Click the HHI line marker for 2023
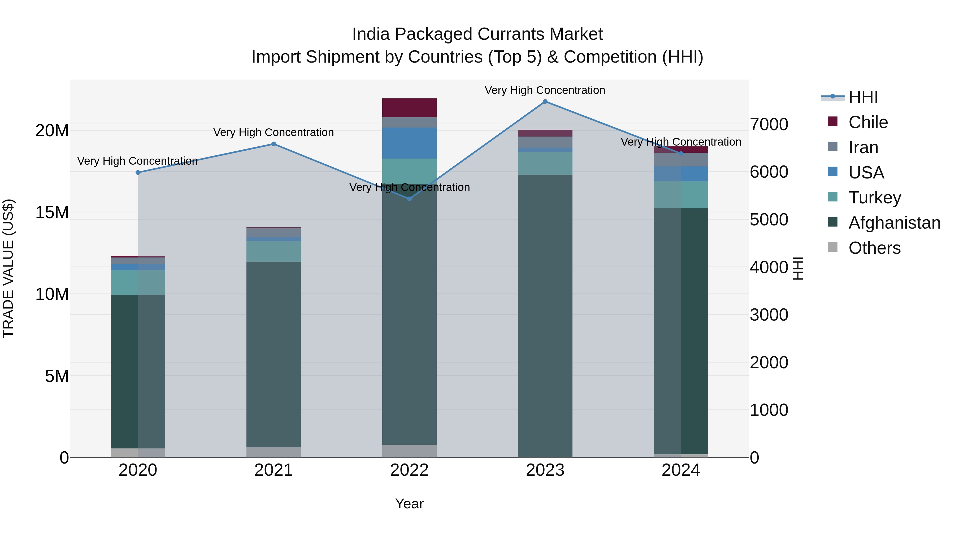click(545, 102)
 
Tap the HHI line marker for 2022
click(409, 199)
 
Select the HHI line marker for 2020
click(138, 172)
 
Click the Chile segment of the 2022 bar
click(409, 108)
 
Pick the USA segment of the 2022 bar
click(409, 143)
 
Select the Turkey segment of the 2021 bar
click(274, 251)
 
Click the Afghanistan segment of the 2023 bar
click(545, 315)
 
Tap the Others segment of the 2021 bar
click(274, 452)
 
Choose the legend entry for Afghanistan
click(894, 223)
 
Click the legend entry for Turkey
click(874, 198)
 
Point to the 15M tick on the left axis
click(52, 213)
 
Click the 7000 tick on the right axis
click(769, 125)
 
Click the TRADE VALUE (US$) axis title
click(8, 268)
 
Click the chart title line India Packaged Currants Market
click(477, 34)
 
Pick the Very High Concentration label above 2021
click(274, 132)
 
